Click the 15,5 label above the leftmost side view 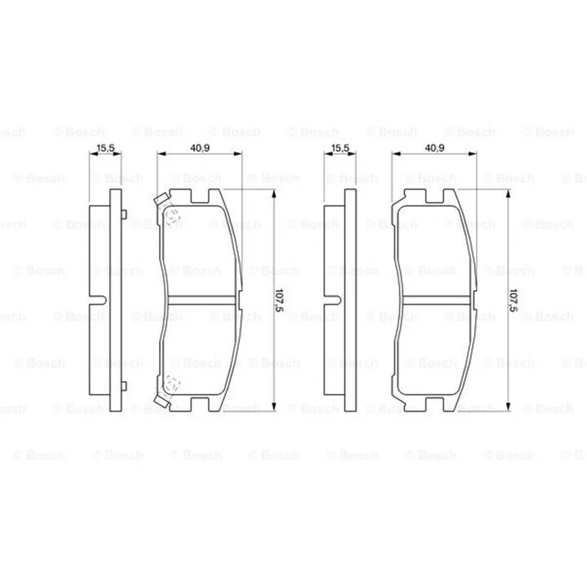tap(106, 148)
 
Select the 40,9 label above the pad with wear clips tap(200, 148)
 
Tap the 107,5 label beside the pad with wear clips tap(280, 300)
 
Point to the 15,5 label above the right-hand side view tap(340, 148)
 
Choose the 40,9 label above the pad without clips tap(434, 148)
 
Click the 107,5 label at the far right tap(514, 300)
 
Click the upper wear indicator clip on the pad tap(161, 199)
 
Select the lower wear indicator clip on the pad tap(161, 401)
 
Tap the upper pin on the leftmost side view tap(124, 214)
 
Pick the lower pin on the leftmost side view tap(124, 386)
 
